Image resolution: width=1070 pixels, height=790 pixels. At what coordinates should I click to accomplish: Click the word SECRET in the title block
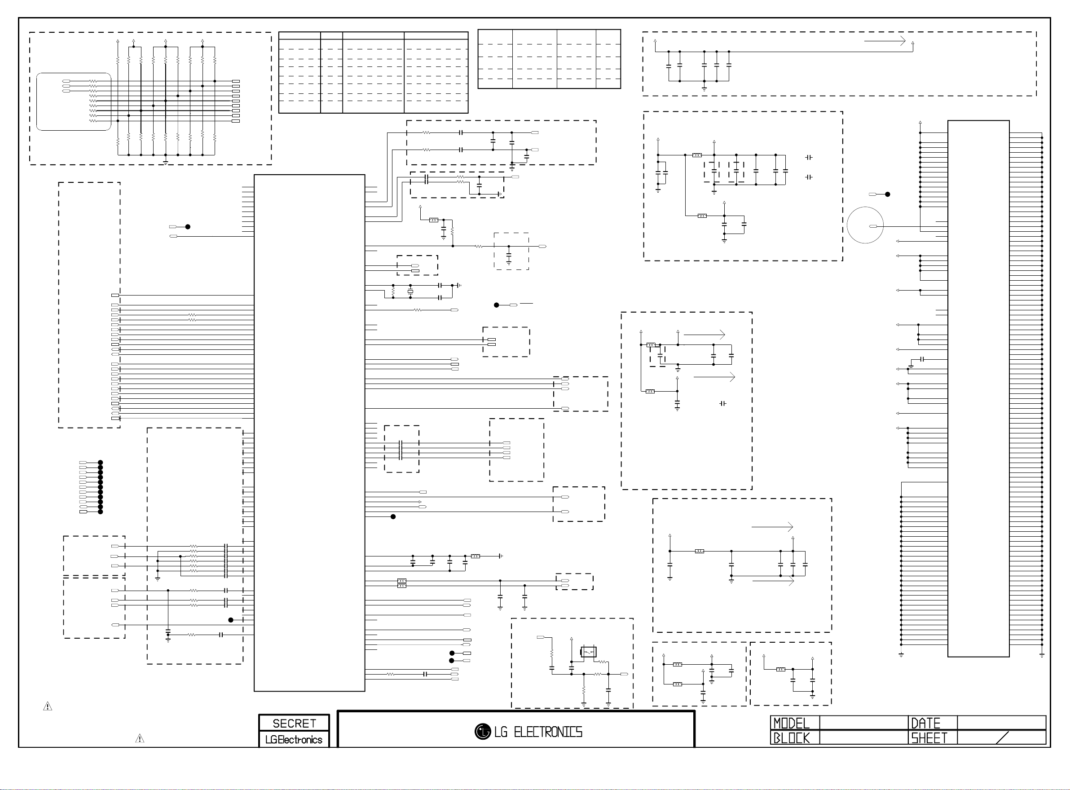click(294, 723)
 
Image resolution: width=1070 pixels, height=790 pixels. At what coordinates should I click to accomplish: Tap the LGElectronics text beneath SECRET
click(294, 740)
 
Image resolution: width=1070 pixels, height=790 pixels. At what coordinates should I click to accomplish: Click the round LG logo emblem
click(482, 732)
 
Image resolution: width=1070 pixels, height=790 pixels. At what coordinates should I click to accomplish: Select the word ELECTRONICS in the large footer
click(548, 732)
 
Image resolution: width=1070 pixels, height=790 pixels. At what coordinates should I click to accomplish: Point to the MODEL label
click(791, 723)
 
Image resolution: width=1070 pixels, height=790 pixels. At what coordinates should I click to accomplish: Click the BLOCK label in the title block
click(791, 738)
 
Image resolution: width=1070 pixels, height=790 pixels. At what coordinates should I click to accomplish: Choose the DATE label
click(925, 723)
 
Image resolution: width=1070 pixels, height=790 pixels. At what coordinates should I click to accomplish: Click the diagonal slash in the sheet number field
click(1002, 738)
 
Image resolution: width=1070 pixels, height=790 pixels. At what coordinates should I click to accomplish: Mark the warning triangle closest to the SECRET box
click(140, 739)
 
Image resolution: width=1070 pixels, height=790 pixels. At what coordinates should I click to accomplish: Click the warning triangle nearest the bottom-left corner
click(47, 706)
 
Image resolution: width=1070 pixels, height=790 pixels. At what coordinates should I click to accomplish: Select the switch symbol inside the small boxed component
click(588, 651)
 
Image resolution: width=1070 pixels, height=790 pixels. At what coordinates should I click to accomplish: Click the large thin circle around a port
click(864, 225)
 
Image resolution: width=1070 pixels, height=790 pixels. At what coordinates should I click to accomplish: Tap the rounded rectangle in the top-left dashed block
click(74, 102)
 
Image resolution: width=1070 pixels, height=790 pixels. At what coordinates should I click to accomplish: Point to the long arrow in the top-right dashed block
click(885, 41)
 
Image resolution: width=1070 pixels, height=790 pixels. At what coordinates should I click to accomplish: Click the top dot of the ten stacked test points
click(101, 463)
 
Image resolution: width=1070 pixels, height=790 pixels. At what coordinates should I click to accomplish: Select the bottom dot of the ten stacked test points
click(101, 512)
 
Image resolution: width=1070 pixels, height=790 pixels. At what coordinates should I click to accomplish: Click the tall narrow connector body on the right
click(978, 388)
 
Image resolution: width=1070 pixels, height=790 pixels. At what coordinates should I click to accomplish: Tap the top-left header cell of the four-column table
click(299, 35)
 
